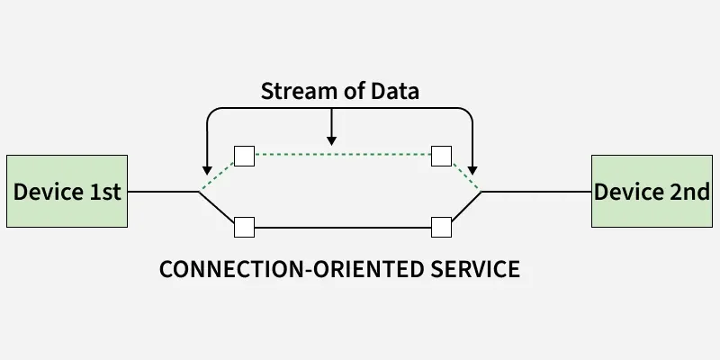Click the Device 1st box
(67, 191)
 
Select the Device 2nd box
(652, 191)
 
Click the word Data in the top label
(397, 91)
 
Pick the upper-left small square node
(244, 156)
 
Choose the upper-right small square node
(441, 156)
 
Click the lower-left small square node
(244, 227)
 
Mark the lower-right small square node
(441, 227)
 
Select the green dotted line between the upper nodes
(342, 156)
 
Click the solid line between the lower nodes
(342, 227)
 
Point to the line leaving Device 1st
(162, 191)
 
